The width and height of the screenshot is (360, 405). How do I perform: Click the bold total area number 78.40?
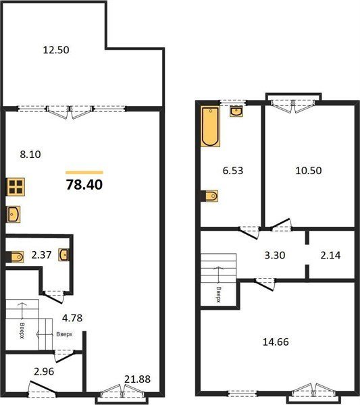[84, 185]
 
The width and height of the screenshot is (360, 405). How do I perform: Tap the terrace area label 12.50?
[56, 50]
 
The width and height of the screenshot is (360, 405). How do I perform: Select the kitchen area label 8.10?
[30, 155]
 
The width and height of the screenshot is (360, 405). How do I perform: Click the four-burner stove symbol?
[16, 187]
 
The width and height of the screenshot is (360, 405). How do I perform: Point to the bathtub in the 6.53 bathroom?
[211, 127]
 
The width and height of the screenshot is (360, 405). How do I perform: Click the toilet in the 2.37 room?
[17, 256]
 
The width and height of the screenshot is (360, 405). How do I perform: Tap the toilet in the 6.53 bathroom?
[211, 196]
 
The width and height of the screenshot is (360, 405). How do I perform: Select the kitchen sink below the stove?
[14, 214]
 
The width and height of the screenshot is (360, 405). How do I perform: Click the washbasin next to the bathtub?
[236, 111]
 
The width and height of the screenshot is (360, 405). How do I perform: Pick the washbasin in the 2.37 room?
[63, 254]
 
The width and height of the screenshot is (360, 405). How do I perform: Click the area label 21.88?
[137, 379]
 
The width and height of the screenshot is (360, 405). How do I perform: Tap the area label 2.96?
[44, 371]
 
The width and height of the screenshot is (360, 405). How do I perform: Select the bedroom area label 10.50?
[309, 171]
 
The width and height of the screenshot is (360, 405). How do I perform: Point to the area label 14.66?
[276, 342]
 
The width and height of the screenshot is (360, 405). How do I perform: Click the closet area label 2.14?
[330, 255]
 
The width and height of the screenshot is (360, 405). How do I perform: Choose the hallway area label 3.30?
[275, 255]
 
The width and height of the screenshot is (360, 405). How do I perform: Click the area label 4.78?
[72, 318]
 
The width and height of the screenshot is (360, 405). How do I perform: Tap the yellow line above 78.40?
[84, 173]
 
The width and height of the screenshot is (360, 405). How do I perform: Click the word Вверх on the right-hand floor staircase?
[219, 294]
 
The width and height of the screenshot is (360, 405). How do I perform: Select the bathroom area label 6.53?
[233, 171]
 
